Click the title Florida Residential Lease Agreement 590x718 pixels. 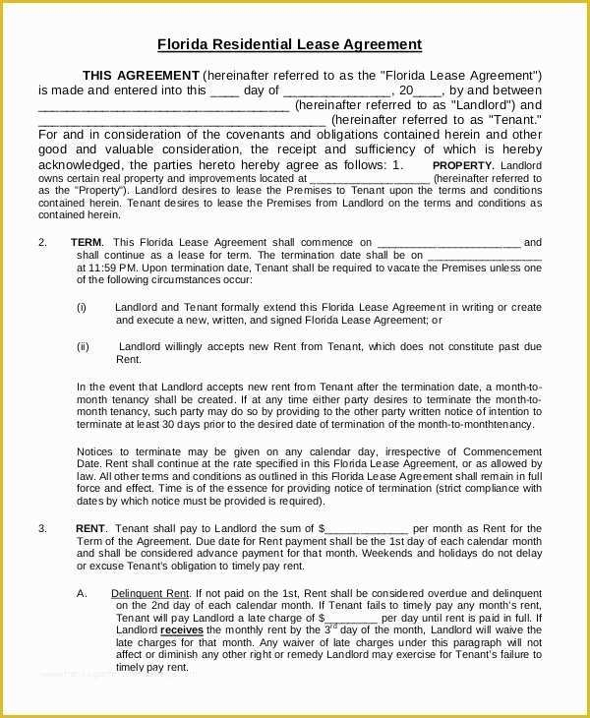[290, 44]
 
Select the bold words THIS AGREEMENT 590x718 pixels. [140, 76]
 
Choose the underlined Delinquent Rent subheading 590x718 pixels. [150, 593]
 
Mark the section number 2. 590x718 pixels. [42, 242]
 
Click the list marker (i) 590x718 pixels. [83, 307]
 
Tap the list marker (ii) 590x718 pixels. [84, 346]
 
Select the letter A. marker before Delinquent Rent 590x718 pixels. [83, 593]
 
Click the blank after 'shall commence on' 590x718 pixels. [448, 243]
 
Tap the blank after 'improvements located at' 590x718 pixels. [370, 179]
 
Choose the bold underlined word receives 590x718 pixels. [182, 629]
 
